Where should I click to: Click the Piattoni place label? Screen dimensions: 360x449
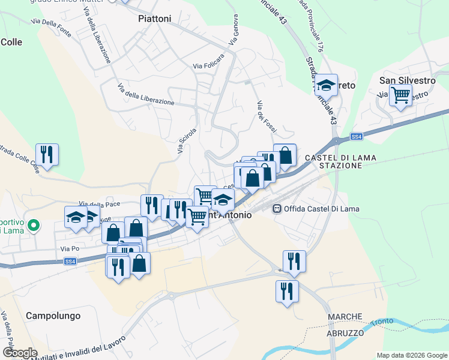tap(154, 19)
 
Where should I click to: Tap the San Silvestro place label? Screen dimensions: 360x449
tap(407, 80)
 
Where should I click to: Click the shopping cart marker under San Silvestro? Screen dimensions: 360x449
tap(400, 95)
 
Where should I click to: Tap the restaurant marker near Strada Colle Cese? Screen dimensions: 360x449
tap(46, 154)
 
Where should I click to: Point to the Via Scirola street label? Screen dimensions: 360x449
tap(187, 140)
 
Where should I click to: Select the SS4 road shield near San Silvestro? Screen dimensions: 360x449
tap(357, 137)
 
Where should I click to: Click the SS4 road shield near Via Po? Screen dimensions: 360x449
tap(70, 261)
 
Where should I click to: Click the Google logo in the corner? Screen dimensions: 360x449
tap(19, 353)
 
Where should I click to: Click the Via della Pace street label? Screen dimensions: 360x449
tap(95, 204)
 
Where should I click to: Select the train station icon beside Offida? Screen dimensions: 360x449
tap(277, 209)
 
